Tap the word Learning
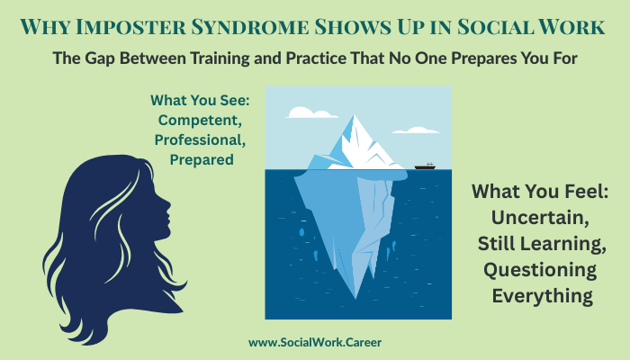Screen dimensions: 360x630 (558, 243)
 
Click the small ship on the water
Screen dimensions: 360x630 (426, 166)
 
